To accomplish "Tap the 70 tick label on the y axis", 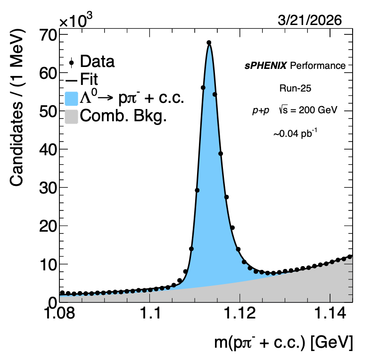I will point(47,34).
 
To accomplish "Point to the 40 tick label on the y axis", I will point(47,150).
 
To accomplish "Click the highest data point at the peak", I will point(209,42).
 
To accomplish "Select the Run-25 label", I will point(292,88).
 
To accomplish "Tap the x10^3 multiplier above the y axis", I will point(76,20).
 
